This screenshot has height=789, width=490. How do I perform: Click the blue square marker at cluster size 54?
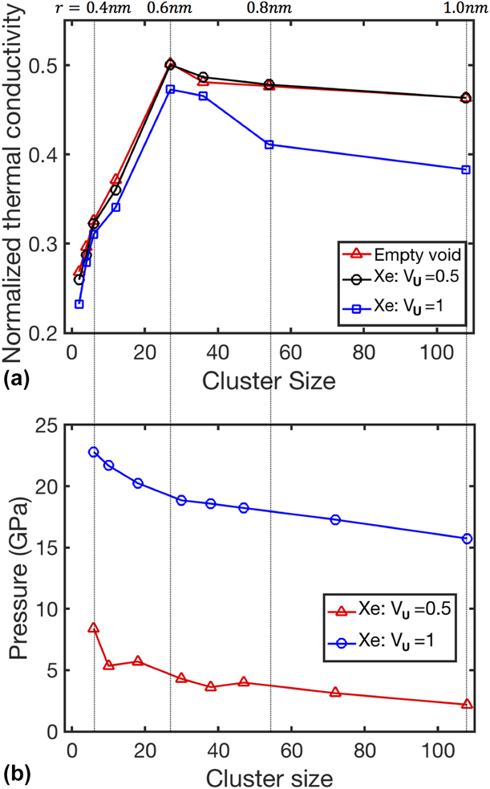point(269,144)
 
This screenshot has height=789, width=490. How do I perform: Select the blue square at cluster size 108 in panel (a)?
point(466,169)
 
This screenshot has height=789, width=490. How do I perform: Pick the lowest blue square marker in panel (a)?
point(79,304)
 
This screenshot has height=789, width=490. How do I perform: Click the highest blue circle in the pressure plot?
point(94,452)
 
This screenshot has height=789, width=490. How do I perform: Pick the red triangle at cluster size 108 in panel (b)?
point(466,705)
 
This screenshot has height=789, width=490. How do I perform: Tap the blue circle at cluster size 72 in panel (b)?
point(335,519)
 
